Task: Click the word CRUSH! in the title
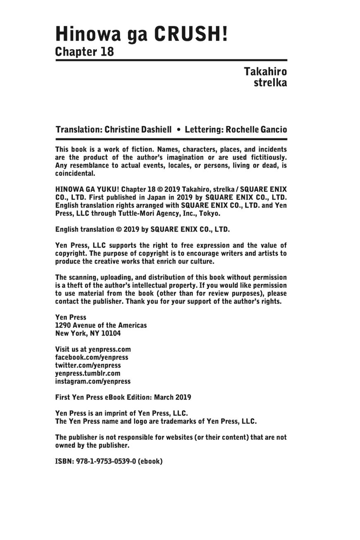(x=191, y=33)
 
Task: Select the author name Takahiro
(x=265, y=72)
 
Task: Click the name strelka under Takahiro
(x=270, y=82)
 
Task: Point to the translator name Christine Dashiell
(x=138, y=130)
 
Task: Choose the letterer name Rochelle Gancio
(x=256, y=130)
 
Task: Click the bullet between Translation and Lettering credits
(x=178, y=130)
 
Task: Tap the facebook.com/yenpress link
(x=92, y=357)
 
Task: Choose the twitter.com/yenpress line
(x=88, y=365)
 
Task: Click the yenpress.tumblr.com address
(x=88, y=373)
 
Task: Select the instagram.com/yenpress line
(x=93, y=382)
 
